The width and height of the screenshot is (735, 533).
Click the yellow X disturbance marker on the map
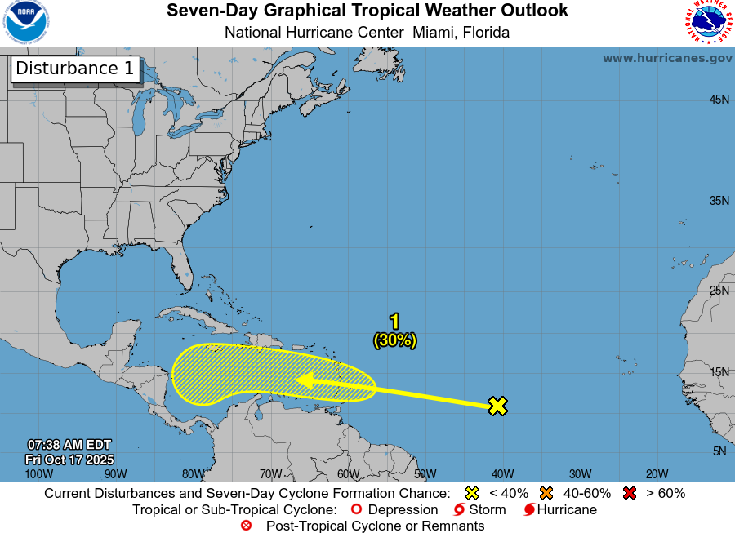pos(497,406)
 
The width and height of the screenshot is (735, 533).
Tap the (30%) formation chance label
pos(395,340)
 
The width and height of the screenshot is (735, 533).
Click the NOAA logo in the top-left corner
pos(24,23)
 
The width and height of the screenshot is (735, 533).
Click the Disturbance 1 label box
pos(75,69)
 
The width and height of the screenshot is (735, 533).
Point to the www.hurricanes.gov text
pos(667,58)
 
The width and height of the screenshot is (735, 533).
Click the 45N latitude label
pos(719,100)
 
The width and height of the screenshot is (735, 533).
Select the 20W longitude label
pos(657,473)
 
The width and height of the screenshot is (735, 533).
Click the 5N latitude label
pos(719,451)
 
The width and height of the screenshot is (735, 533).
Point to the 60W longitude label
pos(348,473)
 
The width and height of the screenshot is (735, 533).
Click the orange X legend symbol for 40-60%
pos(546,493)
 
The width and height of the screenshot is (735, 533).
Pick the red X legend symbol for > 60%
pos(629,493)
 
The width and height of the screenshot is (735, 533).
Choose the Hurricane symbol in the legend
pos(529,510)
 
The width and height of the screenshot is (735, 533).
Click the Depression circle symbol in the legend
pos(355,510)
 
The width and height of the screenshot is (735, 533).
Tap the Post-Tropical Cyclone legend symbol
pos(246,526)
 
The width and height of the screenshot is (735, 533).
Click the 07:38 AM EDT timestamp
pos(69,445)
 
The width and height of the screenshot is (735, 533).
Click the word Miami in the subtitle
pos(434,33)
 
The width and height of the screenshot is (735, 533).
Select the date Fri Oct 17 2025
pos(69,460)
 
